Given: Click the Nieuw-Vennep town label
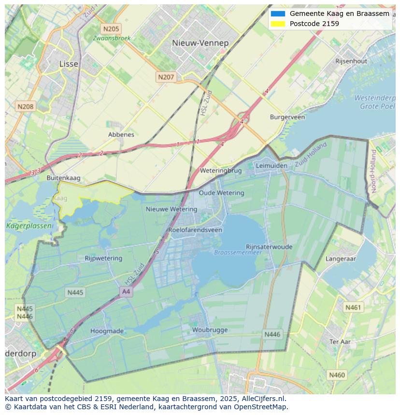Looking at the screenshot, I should click(200, 43).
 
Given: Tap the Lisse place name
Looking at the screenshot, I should click(68, 64).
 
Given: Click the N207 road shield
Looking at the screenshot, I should click(166, 77).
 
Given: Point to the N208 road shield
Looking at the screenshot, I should click(25, 107).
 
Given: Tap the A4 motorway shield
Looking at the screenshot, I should click(126, 292).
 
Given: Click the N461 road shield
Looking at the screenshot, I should click(353, 307).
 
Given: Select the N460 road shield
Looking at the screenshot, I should click(337, 375).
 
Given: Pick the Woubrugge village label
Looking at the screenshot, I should click(210, 330).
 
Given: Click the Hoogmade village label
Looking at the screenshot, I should click(107, 331).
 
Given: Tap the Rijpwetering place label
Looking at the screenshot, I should click(103, 258).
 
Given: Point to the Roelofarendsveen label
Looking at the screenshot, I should click(195, 230).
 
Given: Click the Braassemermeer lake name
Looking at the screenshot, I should click(238, 252).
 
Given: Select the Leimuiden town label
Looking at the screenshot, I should click(271, 165).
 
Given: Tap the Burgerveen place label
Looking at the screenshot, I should click(287, 117).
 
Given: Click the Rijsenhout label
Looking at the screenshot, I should click(351, 61).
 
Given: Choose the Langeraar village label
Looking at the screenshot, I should click(341, 259).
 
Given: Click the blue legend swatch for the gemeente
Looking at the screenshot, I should click(278, 14).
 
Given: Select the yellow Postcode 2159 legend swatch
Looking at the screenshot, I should click(278, 24).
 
